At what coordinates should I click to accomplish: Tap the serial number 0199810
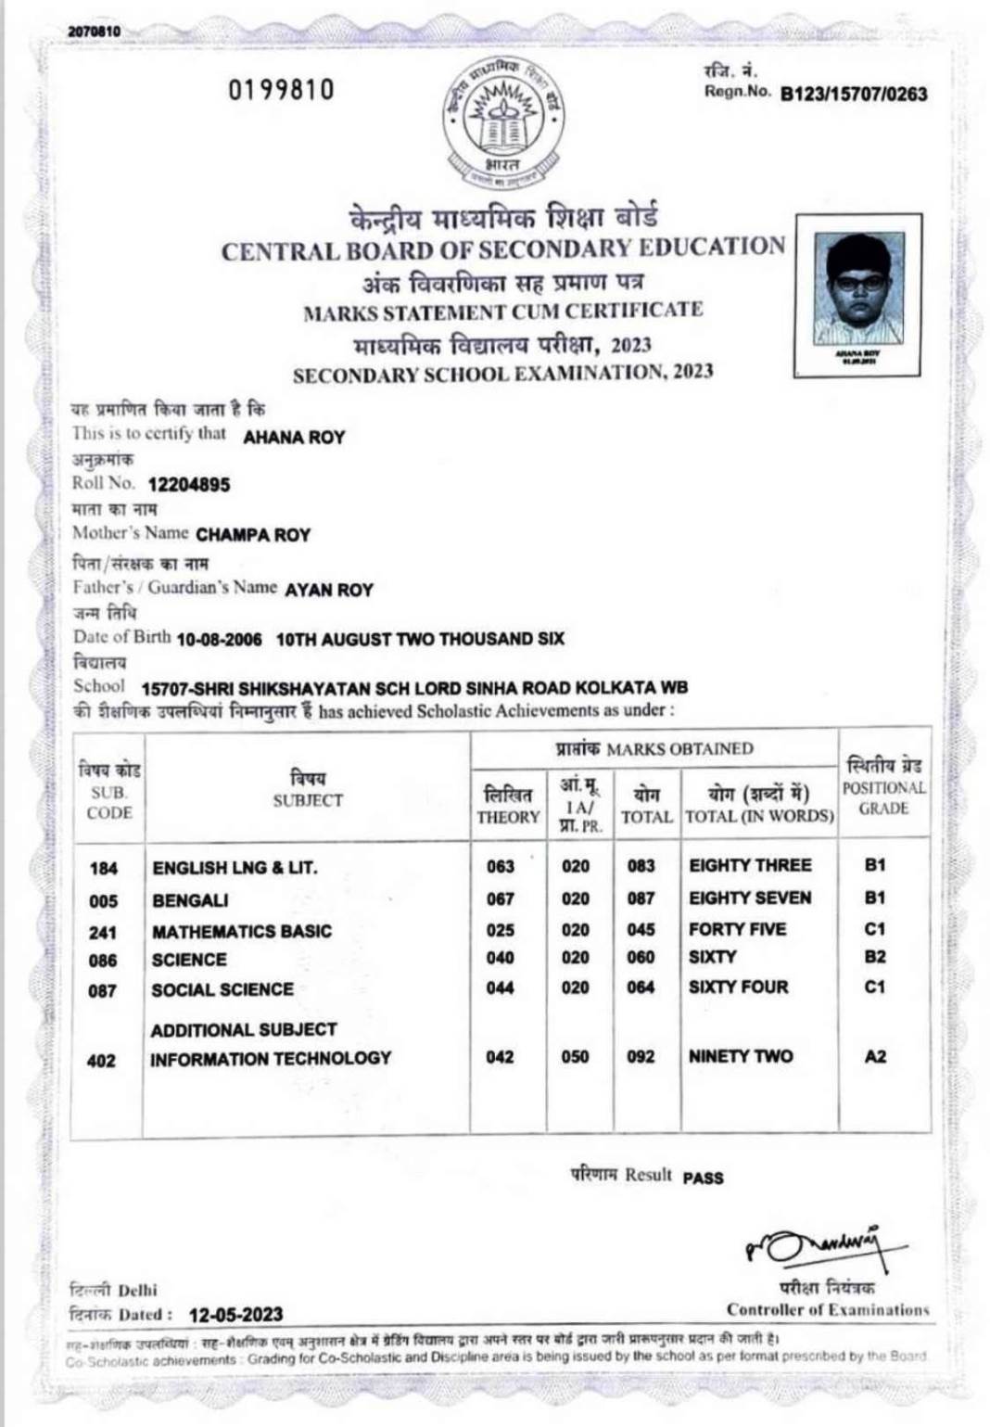click(x=281, y=90)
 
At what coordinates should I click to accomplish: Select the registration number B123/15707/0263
click(x=853, y=94)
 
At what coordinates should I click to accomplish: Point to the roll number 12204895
click(x=189, y=485)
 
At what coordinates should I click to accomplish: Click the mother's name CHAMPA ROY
click(x=253, y=535)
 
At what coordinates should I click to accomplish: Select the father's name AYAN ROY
click(x=329, y=590)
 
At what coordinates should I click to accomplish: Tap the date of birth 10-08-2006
click(x=219, y=639)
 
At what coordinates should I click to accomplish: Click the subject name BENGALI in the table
click(x=190, y=900)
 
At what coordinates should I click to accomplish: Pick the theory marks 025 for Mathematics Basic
click(x=500, y=930)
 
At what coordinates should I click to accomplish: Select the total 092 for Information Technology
click(x=641, y=1057)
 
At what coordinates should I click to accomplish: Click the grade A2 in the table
click(x=875, y=1056)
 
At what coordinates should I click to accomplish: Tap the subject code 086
click(x=103, y=962)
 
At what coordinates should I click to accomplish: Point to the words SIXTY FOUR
click(x=738, y=987)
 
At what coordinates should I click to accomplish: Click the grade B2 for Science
click(x=875, y=957)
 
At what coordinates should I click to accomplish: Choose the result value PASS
click(x=703, y=1179)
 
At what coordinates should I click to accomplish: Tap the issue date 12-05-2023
click(x=235, y=1315)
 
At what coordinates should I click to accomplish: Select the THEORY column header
click(x=507, y=817)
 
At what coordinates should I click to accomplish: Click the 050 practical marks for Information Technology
click(x=575, y=1057)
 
